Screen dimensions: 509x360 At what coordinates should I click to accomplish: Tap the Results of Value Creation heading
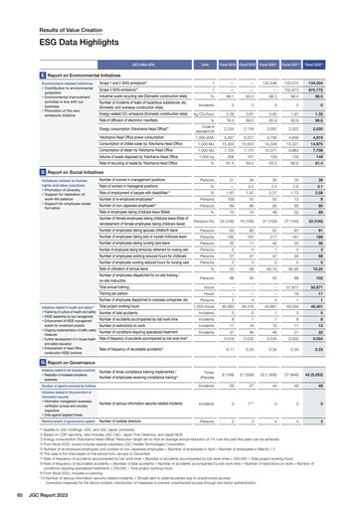(38, 8)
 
